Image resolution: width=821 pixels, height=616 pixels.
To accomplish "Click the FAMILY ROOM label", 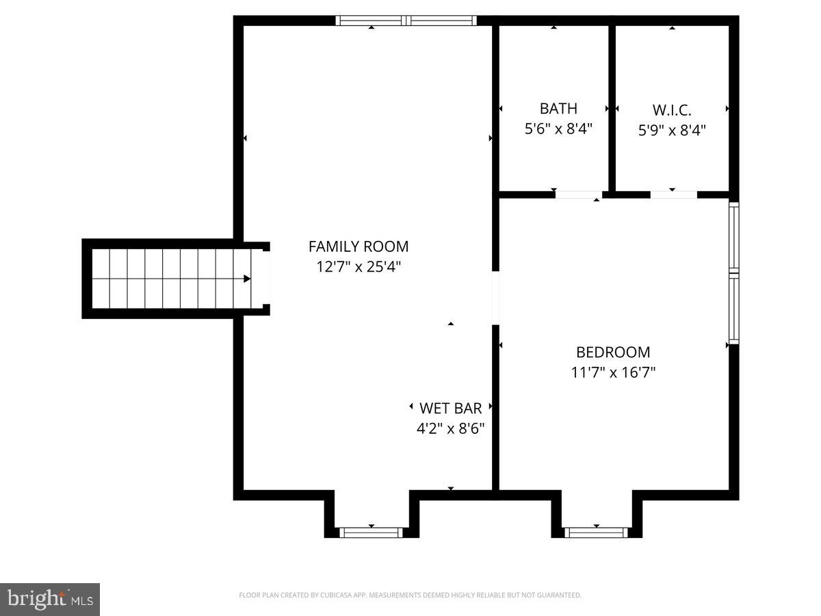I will click(358, 246).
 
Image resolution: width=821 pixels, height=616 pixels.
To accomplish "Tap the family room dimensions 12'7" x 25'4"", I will click(358, 267).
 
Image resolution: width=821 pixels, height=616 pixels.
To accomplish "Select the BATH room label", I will click(558, 108).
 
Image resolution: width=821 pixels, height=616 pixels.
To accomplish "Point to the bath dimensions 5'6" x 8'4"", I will click(558, 129).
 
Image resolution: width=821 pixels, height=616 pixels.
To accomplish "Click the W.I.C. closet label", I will click(672, 110).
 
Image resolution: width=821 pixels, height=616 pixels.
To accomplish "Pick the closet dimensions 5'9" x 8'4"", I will click(672, 129).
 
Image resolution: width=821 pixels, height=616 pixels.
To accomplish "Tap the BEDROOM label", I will click(613, 352).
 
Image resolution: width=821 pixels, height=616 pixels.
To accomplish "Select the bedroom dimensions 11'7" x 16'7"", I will click(613, 373).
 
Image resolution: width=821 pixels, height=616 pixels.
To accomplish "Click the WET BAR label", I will click(450, 409).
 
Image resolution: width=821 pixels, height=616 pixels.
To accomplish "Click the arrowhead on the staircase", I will click(246, 279).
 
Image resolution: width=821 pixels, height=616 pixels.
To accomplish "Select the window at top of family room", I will click(406, 21).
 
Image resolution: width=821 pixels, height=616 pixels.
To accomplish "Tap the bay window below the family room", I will click(372, 532).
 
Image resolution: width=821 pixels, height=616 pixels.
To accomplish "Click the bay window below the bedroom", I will click(596, 532).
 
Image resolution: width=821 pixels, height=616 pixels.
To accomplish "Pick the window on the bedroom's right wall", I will click(734, 272).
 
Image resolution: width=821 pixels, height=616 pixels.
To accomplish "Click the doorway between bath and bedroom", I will click(578, 195).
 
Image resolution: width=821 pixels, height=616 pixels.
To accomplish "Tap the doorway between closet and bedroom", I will click(673, 195).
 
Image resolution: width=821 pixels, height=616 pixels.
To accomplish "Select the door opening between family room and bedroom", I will click(495, 298).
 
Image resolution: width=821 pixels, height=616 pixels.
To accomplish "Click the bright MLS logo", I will click(50, 600).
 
